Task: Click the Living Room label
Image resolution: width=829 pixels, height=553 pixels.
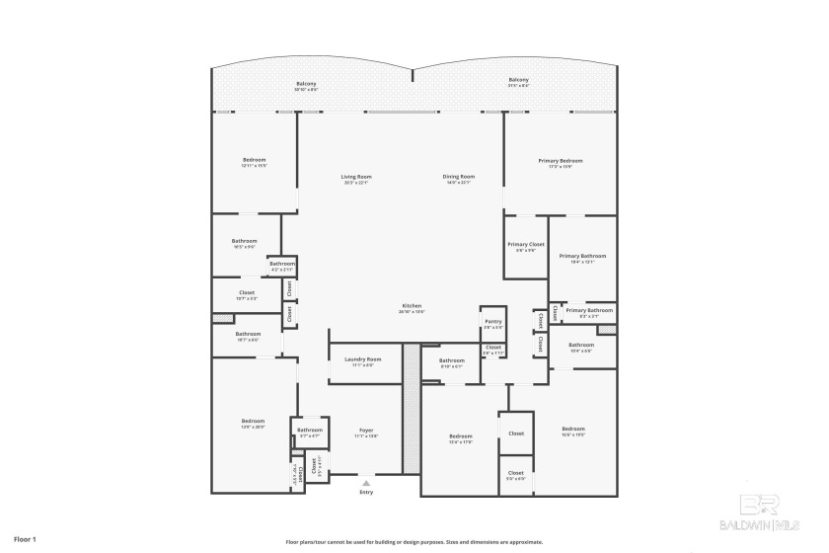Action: pyautogui.click(x=356, y=179)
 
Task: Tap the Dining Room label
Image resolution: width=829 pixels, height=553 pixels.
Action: pyautogui.click(x=459, y=179)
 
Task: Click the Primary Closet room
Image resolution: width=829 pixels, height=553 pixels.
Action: pyautogui.click(x=525, y=247)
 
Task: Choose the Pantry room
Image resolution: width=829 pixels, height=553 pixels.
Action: pyautogui.click(x=492, y=324)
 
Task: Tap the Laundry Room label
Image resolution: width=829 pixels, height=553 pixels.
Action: pyautogui.click(x=362, y=361)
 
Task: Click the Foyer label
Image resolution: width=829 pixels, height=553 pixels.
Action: pyautogui.click(x=365, y=433)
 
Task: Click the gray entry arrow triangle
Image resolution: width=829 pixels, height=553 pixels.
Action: pyautogui.click(x=366, y=483)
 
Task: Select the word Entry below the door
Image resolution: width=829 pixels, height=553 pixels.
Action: pyautogui.click(x=366, y=492)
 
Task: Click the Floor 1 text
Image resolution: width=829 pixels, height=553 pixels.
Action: pyautogui.click(x=25, y=539)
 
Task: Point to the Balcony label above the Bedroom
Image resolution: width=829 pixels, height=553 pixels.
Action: pyautogui.click(x=306, y=85)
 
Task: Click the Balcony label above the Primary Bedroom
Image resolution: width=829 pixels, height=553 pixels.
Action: pyautogui.click(x=518, y=82)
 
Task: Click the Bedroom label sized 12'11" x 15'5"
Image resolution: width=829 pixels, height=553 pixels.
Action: pyautogui.click(x=255, y=162)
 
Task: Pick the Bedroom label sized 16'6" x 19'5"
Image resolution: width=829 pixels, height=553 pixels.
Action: pyautogui.click(x=573, y=431)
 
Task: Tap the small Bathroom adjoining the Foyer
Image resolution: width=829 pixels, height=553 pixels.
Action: pyautogui.click(x=310, y=432)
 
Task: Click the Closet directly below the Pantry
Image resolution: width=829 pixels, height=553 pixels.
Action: pyautogui.click(x=492, y=350)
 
